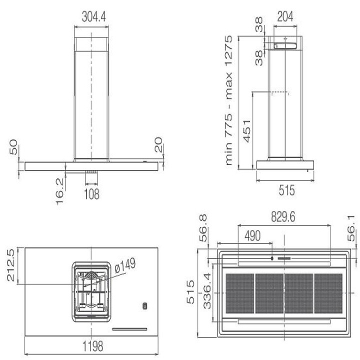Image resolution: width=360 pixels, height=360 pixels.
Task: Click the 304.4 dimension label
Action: (x=93, y=17)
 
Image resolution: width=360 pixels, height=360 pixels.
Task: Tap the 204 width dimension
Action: (x=285, y=16)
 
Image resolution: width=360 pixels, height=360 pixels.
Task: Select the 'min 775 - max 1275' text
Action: (x=228, y=100)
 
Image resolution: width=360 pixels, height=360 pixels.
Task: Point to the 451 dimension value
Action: (x=247, y=131)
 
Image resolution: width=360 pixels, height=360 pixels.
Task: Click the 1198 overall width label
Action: (x=93, y=346)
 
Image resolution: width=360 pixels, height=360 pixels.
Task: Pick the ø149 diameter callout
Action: (x=125, y=265)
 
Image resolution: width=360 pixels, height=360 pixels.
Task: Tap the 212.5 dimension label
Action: (x=11, y=265)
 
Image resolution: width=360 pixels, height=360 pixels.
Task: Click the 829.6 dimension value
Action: (x=283, y=216)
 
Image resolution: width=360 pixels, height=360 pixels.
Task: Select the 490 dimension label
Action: (x=252, y=236)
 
